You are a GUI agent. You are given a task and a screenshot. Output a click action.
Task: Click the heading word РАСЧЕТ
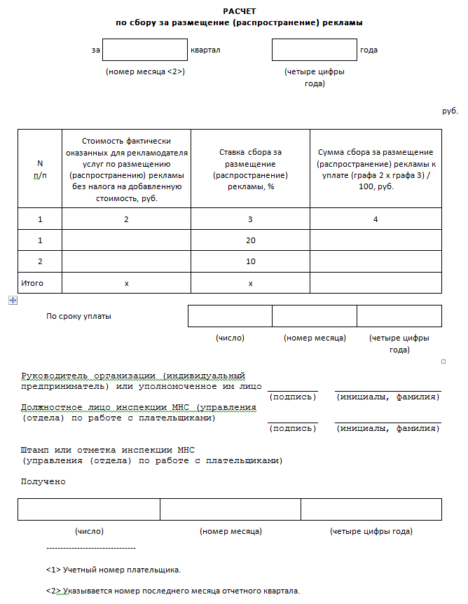240,12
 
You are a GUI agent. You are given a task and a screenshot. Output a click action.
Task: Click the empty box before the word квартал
145,50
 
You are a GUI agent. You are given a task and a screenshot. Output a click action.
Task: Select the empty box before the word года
315,50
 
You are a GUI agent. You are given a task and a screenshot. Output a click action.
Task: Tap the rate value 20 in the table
250,240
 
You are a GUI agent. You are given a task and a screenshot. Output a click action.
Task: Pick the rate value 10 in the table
250,261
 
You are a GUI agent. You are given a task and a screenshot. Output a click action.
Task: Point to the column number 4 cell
376,219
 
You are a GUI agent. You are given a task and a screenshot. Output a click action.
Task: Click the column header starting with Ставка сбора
250,169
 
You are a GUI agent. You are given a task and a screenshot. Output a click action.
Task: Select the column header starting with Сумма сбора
376,169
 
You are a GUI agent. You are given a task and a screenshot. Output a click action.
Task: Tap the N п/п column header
40,169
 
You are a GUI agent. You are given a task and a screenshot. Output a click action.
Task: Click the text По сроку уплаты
79,316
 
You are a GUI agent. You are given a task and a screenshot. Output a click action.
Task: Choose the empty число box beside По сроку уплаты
230,316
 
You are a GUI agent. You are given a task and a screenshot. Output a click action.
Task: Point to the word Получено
43,481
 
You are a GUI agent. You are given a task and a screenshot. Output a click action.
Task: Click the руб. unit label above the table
450,111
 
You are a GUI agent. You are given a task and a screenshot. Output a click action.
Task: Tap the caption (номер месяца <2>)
145,71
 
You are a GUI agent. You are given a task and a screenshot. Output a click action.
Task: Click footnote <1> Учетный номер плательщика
113,569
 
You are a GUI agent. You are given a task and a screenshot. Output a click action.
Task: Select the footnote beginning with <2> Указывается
172,591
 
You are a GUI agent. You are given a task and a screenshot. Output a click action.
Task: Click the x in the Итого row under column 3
250,283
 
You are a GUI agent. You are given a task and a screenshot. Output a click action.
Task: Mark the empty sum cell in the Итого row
376,283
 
